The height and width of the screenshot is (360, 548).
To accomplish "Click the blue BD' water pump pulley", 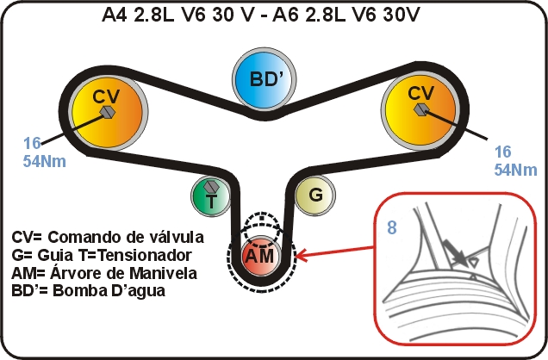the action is coord(265,79).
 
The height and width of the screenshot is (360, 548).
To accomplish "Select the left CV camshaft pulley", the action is coord(108,112).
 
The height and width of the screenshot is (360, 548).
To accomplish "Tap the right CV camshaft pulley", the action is coord(420,111).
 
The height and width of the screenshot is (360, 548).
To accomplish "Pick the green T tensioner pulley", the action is coord(211,196).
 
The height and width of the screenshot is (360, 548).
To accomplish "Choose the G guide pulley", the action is coord(314,196).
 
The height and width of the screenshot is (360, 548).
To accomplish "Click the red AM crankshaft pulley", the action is coord(259,256).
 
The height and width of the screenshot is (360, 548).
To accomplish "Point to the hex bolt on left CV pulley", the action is coord(108,112).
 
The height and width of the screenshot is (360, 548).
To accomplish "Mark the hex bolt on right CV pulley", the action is coord(420,109).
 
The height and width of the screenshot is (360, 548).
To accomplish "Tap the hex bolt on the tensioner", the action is coord(211,187).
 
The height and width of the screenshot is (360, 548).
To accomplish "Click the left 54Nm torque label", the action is coord(45,161).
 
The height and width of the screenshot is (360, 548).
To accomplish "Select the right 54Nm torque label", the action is coord(515,170).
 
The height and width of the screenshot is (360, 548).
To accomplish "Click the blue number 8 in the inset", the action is coord(392,227).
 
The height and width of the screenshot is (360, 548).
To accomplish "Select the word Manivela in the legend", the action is coord(164,273).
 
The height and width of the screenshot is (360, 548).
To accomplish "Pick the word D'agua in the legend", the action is coord(139,292).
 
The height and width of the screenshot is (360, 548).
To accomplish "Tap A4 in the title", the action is coord(115,15).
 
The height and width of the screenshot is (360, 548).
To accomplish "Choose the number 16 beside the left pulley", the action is coord(32,143).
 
